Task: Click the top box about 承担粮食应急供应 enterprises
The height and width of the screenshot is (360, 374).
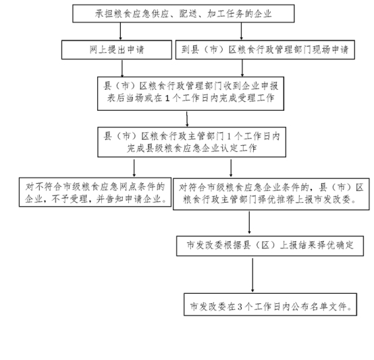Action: (x=184, y=14)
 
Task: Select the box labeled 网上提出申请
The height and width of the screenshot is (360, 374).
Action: (x=117, y=49)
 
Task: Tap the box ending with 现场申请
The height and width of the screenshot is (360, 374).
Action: (x=265, y=49)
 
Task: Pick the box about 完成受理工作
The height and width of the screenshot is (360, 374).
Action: (x=190, y=93)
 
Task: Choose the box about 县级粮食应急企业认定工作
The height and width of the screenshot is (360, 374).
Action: (x=192, y=142)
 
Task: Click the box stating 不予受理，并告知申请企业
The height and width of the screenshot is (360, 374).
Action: (x=95, y=192)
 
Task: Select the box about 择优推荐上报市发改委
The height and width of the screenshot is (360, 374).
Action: (x=271, y=194)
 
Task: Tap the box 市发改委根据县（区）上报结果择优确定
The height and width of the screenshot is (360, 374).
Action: (x=270, y=246)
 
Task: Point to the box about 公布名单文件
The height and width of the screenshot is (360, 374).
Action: (x=270, y=305)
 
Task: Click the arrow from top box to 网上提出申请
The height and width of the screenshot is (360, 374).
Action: (x=120, y=31)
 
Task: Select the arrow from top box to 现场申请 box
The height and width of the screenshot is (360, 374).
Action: (x=241, y=31)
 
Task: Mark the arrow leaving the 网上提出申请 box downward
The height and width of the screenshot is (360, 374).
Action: (x=122, y=68)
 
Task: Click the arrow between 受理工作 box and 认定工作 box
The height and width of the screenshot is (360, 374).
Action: (x=187, y=119)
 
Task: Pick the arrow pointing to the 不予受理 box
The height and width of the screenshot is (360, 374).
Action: (x=134, y=168)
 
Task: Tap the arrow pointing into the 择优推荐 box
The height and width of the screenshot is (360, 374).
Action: (x=231, y=168)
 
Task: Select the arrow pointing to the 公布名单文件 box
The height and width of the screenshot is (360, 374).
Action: (x=252, y=275)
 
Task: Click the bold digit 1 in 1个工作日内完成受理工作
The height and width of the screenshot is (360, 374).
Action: (x=167, y=99)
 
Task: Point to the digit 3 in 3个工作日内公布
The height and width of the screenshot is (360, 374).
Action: (x=240, y=307)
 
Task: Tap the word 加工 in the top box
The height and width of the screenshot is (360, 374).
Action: (x=216, y=14)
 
